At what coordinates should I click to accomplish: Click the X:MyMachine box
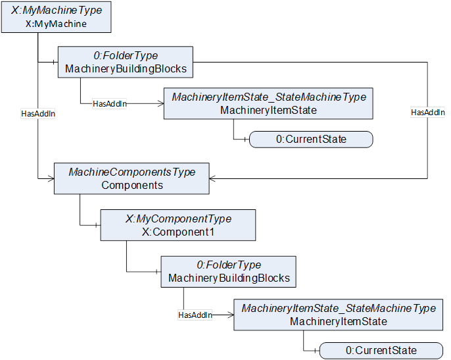[x=56, y=17]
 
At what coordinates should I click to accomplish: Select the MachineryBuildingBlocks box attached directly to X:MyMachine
[x=126, y=62]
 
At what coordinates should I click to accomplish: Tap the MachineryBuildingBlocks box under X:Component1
[x=228, y=272]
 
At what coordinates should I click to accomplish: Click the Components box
[x=131, y=178]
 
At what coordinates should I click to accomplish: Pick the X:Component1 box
[x=178, y=225]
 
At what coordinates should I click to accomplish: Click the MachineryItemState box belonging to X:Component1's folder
[x=338, y=315]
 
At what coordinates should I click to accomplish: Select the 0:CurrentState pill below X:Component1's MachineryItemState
[x=381, y=351]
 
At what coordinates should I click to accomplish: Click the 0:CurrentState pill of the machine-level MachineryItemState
[x=311, y=140]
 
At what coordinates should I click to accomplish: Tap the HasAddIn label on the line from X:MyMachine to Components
[x=38, y=114]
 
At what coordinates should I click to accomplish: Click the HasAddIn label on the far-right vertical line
[x=428, y=113]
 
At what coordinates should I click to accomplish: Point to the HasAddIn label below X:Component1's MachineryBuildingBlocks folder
[x=195, y=315]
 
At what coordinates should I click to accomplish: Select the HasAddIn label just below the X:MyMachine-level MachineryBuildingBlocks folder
[x=110, y=104]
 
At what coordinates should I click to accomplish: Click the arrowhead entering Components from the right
[x=212, y=178]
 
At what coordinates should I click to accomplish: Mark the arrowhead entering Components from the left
[x=51, y=178]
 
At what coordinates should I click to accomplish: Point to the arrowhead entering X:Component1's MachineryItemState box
[x=231, y=315]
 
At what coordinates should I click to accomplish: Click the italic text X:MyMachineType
[x=57, y=11]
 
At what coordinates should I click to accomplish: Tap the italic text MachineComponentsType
[x=132, y=172]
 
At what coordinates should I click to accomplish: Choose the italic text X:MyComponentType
[x=178, y=219]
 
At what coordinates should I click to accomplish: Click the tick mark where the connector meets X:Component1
[x=96, y=225]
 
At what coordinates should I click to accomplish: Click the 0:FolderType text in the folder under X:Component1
[x=229, y=265]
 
